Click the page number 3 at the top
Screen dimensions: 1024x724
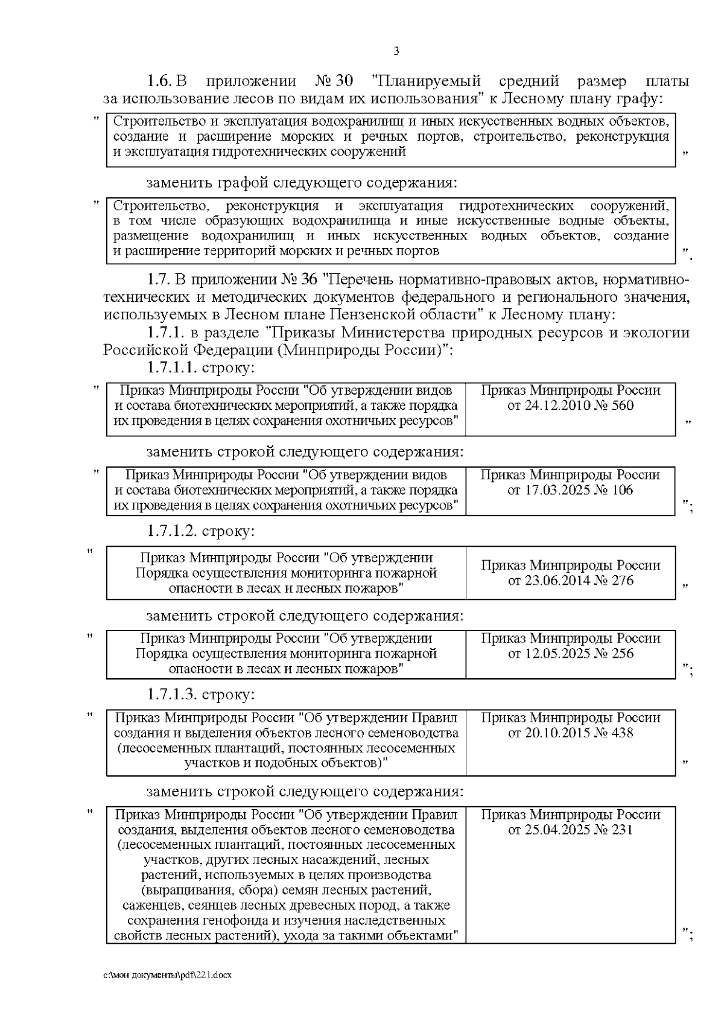pyautogui.click(x=396, y=51)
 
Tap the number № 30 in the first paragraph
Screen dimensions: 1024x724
pyautogui.click(x=334, y=81)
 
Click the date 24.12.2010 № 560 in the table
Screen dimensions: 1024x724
pyautogui.click(x=570, y=405)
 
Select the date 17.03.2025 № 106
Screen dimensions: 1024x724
pyautogui.click(x=570, y=490)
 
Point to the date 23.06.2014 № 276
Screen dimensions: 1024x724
pyautogui.click(x=570, y=580)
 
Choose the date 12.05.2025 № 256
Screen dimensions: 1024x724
pyautogui.click(x=570, y=654)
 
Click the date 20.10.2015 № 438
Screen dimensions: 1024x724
pyautogui.click(x=570, y=733)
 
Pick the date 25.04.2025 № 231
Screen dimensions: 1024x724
pyautogui.click(x=570, y=830)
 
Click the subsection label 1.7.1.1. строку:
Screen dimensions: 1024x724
pyautogui.click(x=201, y=367)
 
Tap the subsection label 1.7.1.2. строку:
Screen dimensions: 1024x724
pyautogui.click(x=201, y=531)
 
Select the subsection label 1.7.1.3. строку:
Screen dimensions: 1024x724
pyautogui.click(x=201, y=695)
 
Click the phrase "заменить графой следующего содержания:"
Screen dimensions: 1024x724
pyautogui.click(x=302, y=182)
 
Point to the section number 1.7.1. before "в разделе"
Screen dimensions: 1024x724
pyautogui.click(x=166, y=333)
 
